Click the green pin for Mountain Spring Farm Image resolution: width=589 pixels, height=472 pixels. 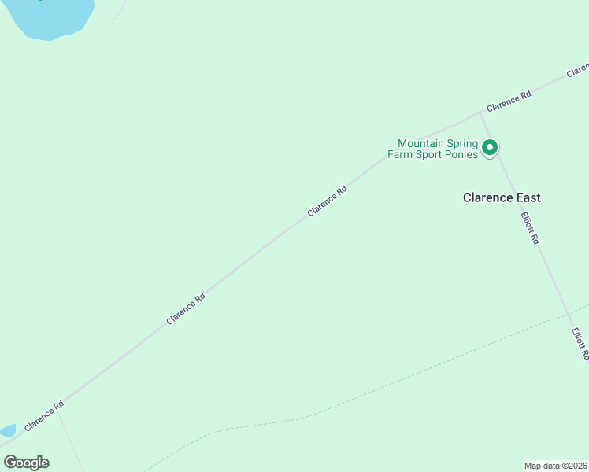[x=490, y=147]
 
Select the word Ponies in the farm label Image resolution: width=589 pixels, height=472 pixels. [x=461, y=154]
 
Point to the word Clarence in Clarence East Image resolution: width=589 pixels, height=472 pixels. [x=487, y=197]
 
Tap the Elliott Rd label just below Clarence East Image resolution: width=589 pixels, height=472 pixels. [x=529, y=227]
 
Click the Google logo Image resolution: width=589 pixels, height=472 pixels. [x=26, y=463]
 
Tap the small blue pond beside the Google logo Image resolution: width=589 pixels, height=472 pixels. [x=6, y=431]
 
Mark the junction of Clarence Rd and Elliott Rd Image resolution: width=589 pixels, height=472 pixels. [x=481, y=112]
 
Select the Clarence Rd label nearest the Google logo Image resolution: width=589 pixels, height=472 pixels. [x=44, y=416]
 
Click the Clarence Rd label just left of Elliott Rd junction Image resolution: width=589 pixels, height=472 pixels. [x=509, y=101]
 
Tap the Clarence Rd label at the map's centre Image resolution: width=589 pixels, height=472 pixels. [x=327, y=201]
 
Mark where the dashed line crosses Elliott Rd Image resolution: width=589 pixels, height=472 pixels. [x=569, y=316]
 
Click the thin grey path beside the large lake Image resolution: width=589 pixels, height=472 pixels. [x=119, y=11]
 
